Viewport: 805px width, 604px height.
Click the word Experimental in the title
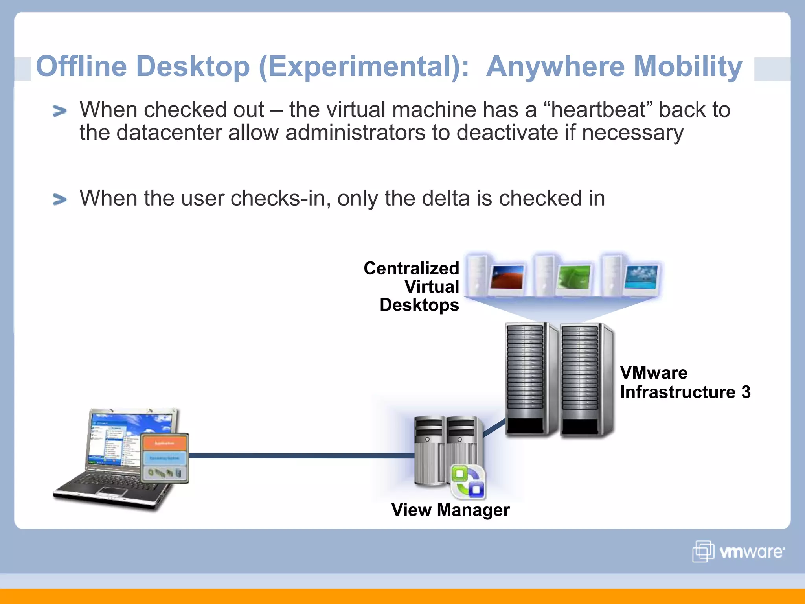pyautogui.click(x=364, y=67)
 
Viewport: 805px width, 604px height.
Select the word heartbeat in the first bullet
pyautogui.click(x=597, y=110)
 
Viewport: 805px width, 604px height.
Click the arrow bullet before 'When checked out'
pyautogui.click(x=60, y=111)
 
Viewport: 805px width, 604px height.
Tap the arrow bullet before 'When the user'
pyautogui.click(x=60, y=200)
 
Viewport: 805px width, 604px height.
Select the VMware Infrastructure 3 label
pyautogui.click(x=685, y=382)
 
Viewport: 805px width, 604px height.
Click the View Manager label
pyautogui.click(x=450, y=510)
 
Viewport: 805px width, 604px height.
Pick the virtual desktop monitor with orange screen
pyautogui.click(x=507, y=278)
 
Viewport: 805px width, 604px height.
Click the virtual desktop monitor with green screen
pyautogui.click(x=574, y=278)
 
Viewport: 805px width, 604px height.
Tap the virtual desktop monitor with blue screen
pyautogui.click(x=641, y=277)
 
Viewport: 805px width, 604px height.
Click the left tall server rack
pyautogui.click(x=527, y=379)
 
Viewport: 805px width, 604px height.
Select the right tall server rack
pyautogui.click(x=582, y=379)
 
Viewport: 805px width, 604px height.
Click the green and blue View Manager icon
pyautogui.click(x=468, y=482)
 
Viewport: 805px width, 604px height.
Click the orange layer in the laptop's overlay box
pyautogui.click(x=164, y=443)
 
